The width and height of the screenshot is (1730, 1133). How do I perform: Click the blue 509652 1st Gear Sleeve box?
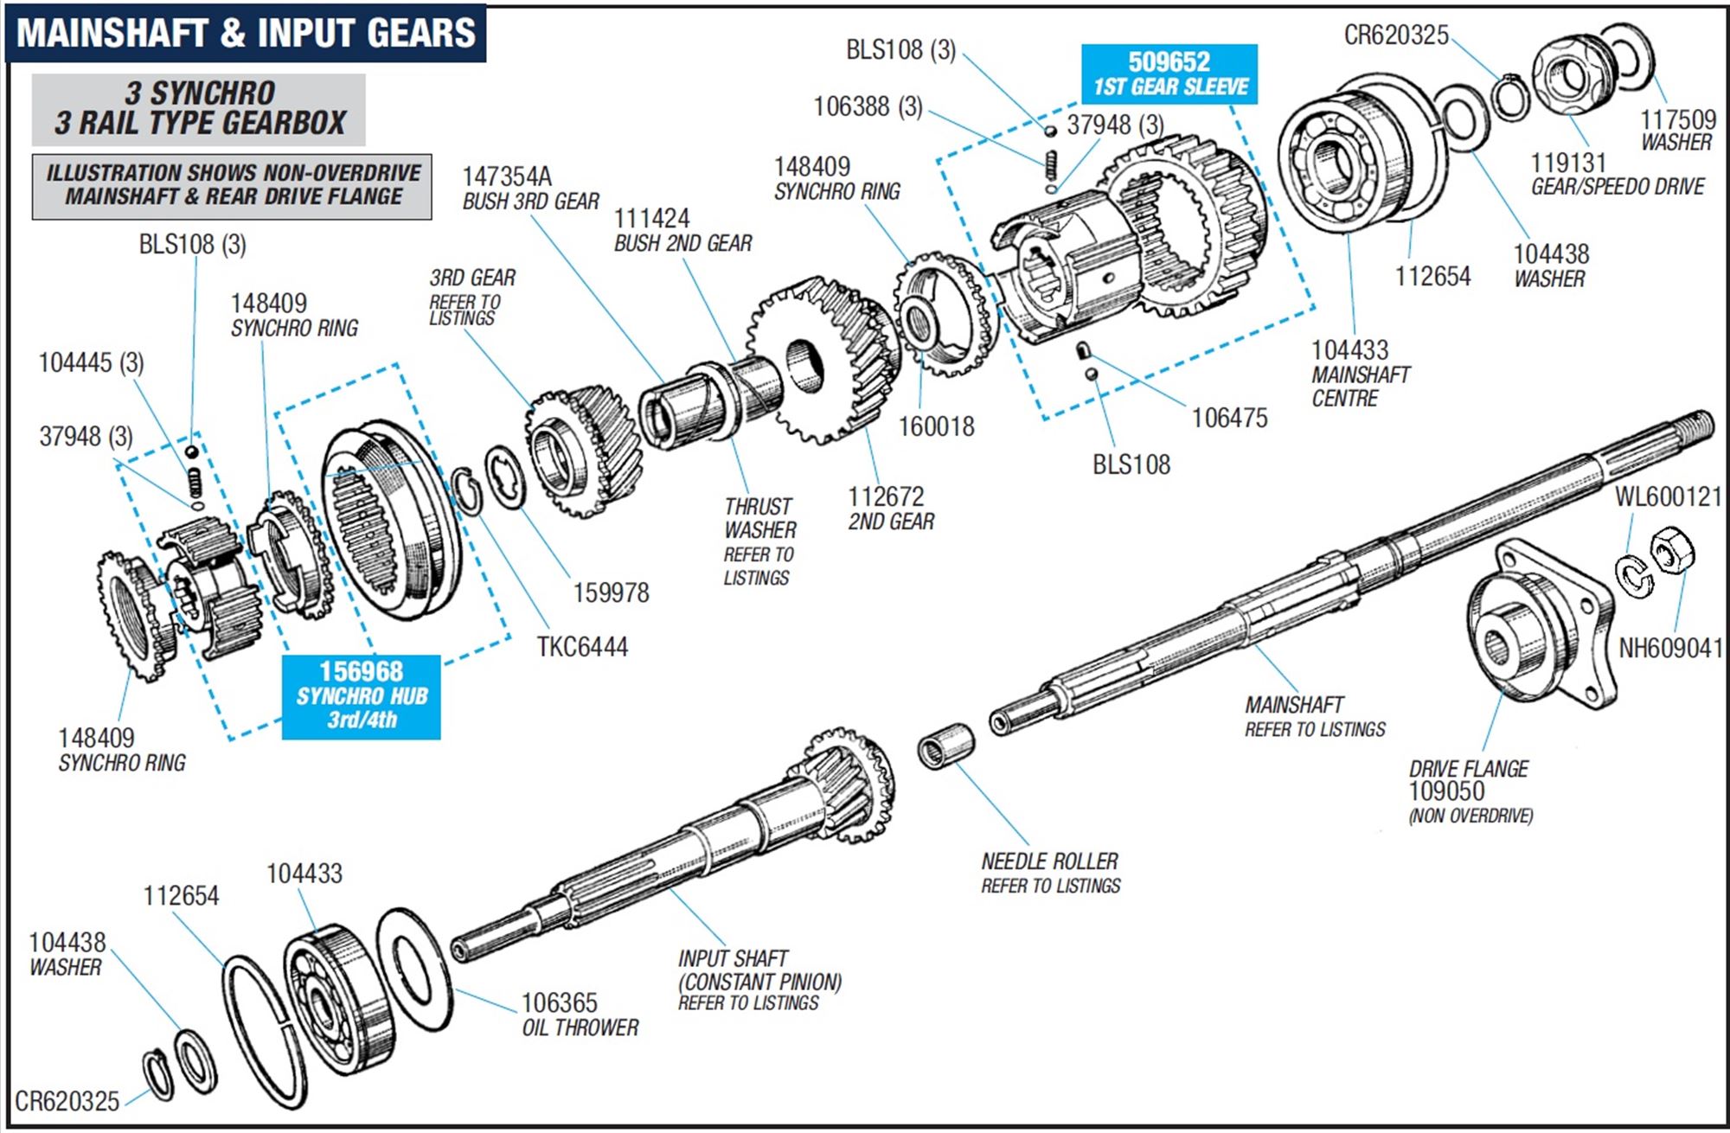[1169, 74]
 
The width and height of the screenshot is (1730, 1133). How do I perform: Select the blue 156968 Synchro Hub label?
[361, 696]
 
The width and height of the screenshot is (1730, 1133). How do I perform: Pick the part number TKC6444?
[582, 647]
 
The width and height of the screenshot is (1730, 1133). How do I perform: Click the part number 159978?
[611, 592]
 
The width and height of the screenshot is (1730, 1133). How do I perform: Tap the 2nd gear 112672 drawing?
[822, 359]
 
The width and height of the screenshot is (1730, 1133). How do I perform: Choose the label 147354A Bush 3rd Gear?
[529, 188]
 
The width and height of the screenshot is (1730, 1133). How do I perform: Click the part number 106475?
[1229, 418]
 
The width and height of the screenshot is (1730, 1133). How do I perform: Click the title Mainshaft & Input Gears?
[246, 33]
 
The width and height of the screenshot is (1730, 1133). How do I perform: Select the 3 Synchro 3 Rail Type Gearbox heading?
[199, 109]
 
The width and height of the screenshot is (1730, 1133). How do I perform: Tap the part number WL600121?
[1668, 496]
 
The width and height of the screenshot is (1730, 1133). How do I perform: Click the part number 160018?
[936, 426]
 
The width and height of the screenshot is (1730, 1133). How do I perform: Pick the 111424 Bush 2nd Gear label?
[682, 230]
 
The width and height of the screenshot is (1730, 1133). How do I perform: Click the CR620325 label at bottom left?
[67, 1101]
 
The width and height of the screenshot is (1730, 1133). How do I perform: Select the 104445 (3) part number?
[91, 362]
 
